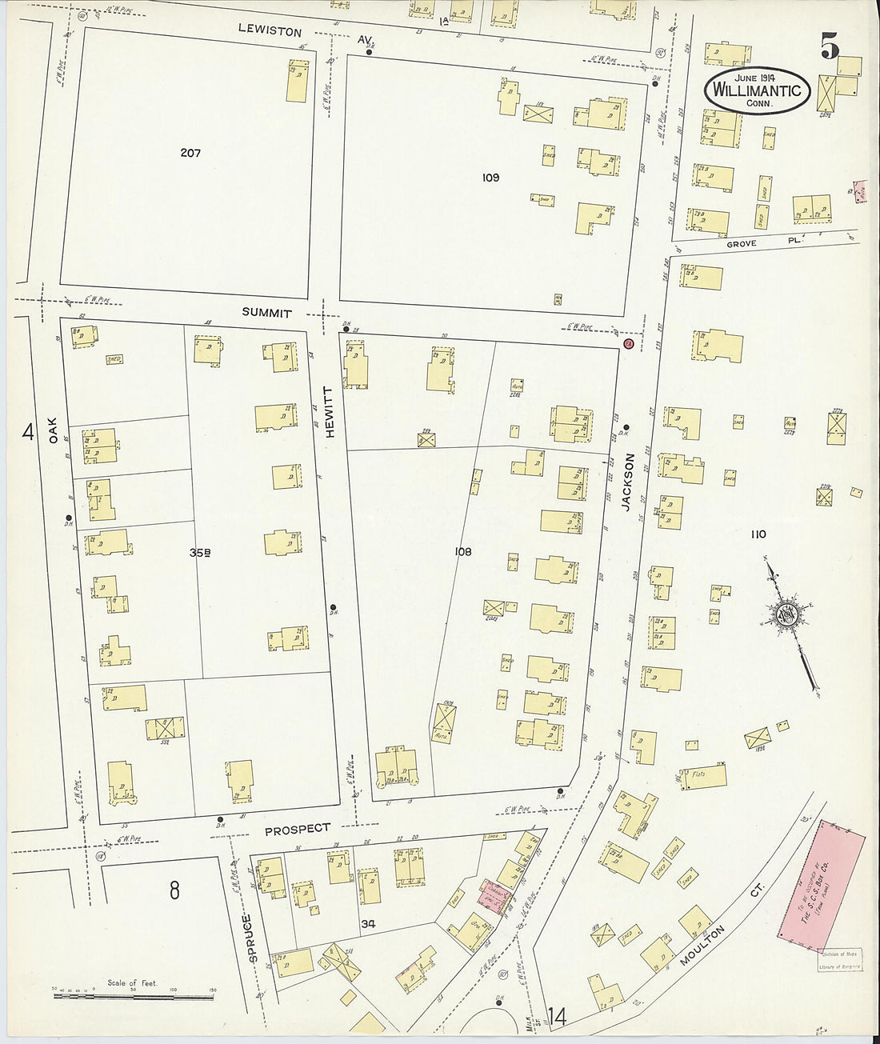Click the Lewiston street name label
(x=270, y=32)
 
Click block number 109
(x=490, y=177)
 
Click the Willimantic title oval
(x=757, y=90)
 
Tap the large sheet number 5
(x=829, y=48)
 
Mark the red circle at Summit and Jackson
(x=628, y=344)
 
